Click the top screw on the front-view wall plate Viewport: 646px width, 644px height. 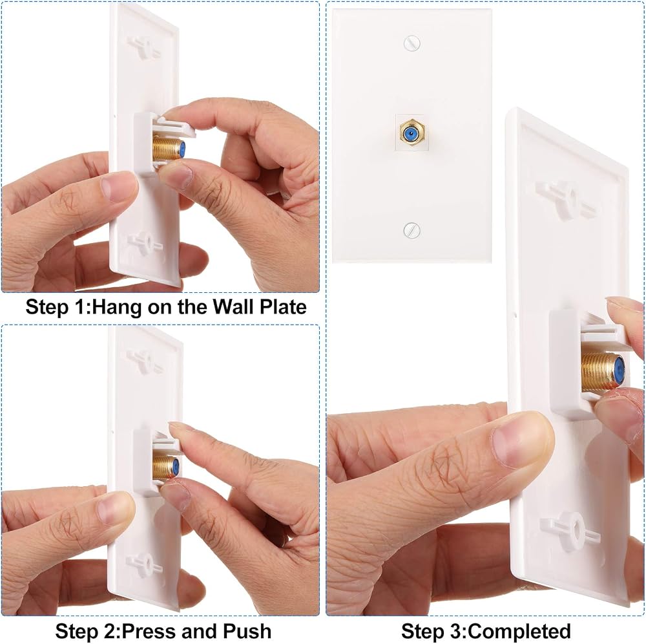tap(412, 43)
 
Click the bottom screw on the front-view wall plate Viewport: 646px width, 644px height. tap(412, 230)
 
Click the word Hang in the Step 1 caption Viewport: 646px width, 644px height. tap(118, 306)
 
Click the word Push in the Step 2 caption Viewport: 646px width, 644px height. tap(247, 631)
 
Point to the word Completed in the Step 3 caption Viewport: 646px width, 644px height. tap(520, 631)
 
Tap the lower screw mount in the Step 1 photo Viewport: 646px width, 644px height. tap(144, 241)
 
